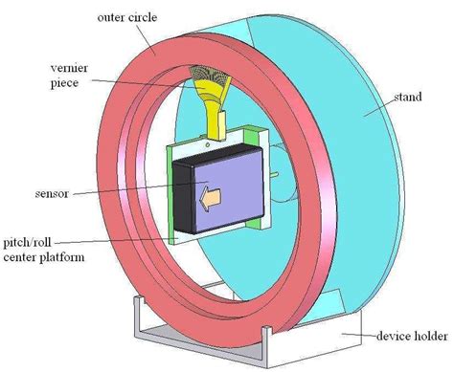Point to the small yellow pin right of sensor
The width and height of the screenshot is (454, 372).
[274, 174]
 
